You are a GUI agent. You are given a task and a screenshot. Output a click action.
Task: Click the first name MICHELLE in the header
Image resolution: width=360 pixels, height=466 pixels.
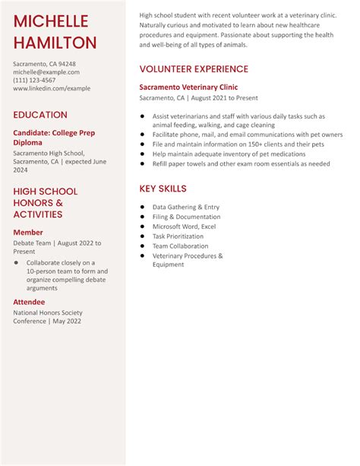pos(51,21)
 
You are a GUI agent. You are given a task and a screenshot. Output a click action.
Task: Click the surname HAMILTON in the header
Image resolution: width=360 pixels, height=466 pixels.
pos(55,43)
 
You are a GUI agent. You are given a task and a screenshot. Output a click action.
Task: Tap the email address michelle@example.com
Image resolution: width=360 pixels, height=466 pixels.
pos(46,72)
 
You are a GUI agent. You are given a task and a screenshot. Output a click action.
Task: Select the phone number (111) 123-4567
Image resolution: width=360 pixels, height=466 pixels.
pos(34,80)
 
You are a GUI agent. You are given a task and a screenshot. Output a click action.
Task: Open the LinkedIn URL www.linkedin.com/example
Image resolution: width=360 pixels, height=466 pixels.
pos(52,88)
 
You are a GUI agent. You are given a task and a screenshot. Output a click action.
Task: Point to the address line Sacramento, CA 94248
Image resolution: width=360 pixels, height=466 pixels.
pos(44,64)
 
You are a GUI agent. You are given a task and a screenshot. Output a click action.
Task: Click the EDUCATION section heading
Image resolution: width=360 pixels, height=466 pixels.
pos(40,115)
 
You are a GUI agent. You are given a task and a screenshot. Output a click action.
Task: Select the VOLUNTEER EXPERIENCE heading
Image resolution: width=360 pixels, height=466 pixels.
pos(194,69)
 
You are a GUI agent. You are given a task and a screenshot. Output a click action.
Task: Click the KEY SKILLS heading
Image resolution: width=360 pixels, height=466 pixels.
pos(163,189)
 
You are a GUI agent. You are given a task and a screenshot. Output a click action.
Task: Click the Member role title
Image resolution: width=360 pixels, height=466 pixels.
pos(28,233)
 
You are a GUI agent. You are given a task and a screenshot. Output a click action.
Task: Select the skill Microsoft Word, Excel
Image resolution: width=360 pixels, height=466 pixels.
pos(184,227)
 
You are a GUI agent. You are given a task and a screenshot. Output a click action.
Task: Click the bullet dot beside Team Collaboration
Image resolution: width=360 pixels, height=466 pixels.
pos(142,246)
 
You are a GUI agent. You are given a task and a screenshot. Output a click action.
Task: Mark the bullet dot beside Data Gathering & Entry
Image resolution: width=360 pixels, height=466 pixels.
pos(142,207)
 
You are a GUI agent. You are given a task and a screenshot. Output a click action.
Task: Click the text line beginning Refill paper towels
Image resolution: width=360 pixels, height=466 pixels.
pos(241,163)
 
